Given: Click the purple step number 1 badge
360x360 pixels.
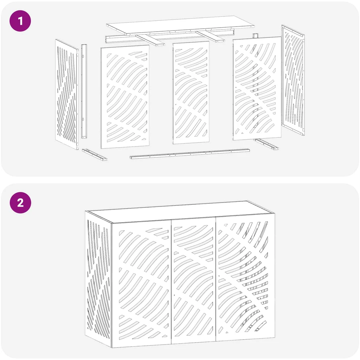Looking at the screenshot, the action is [x=20, y=21].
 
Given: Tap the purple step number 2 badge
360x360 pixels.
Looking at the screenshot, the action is [x=20, y=203].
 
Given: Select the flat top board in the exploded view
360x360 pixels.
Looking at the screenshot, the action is [x=180, y=25].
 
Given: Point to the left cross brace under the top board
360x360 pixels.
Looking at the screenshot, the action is [x=151, y=40].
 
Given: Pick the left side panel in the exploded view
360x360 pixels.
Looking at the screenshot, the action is [x=67, y=94].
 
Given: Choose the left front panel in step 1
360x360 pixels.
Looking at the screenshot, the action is [x=125, y=96].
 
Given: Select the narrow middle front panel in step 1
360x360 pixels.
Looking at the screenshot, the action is [x=191, y=93].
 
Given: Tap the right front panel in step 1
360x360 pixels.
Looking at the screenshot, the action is [x=257, y=88].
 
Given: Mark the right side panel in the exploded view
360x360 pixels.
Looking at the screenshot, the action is [x=293, y=80].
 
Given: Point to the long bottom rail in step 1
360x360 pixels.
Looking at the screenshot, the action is [x=190, y=154].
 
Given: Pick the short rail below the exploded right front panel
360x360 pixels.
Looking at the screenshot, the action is [x=266, y=144].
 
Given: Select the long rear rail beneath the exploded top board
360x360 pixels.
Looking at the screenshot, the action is [x=169, y=37].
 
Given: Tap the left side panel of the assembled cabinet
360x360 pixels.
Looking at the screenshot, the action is [x=98, y=279].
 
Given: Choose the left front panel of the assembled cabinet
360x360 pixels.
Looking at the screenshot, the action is [x=142, y=284].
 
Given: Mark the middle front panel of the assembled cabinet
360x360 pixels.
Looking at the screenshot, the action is [x=193, y=281].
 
